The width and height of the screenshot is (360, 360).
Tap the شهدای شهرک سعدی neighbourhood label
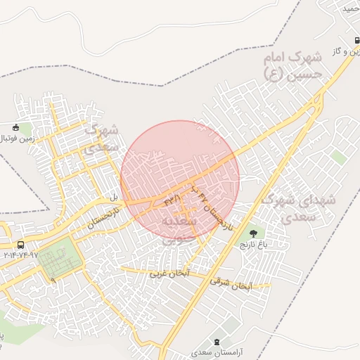coord(299,209)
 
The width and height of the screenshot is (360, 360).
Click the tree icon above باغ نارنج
coord(252,233)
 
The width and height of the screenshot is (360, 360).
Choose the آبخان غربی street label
coord(169,273)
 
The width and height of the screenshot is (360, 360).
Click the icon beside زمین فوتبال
coord(16,127)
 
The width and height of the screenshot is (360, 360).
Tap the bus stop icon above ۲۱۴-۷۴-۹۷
coord(20,245)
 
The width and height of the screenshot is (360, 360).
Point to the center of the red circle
coord(180,180)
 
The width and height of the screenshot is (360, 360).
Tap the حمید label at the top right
coord(351,8)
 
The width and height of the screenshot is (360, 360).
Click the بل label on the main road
coord(112,198)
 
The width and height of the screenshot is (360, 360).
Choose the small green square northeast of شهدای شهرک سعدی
coord(340,157)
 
